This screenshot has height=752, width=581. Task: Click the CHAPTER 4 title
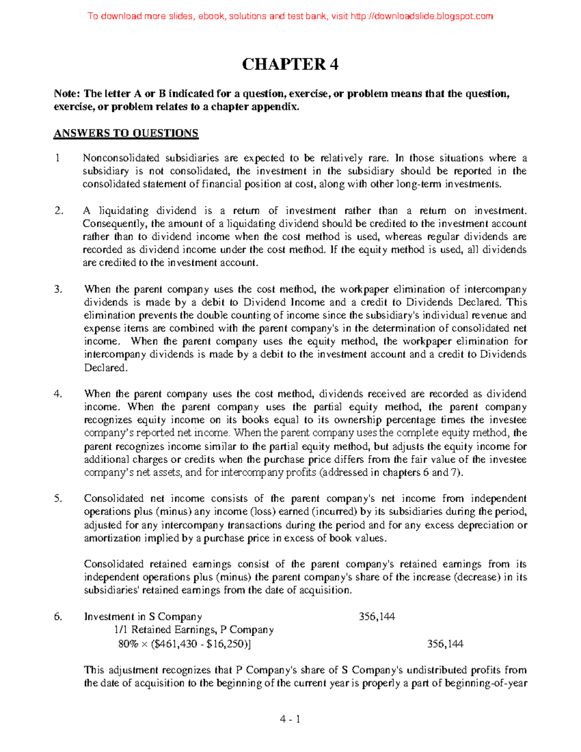[290, 64]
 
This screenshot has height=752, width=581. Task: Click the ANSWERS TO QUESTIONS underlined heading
[126, 134]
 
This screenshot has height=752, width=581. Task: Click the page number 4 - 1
[290, 720]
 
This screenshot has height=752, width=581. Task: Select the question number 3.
[59, 290]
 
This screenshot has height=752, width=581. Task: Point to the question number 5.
[59, 499]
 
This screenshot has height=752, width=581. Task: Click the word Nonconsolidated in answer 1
[121, 158]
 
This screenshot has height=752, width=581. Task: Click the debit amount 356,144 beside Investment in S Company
[377, 617]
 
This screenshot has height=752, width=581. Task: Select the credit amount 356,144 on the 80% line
[445, 644]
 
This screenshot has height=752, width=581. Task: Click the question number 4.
[59, 394]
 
